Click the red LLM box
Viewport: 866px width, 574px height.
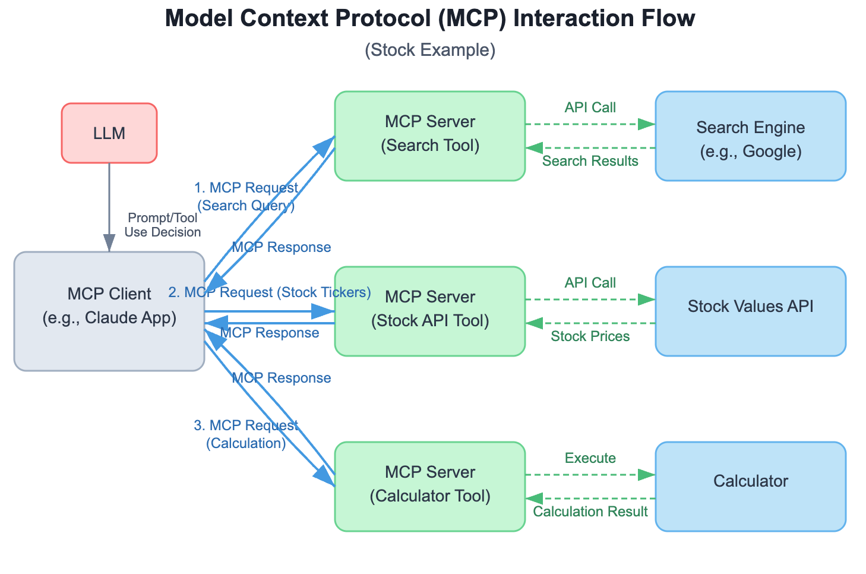(x=109, y=133)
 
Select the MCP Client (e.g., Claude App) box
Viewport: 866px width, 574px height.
(x=109, y=311)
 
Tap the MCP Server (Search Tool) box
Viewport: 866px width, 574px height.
(x=430, y=135)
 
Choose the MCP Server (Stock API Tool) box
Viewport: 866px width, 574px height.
(x=430, y=311)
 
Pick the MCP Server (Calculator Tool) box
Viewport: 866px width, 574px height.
(x=430, y=486)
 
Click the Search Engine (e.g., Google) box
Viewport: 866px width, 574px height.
(x=750, y=138)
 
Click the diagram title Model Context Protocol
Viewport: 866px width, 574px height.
(x=429, y=18)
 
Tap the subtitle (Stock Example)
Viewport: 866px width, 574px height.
(x=429, y=50)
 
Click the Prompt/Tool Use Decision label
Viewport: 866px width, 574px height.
(x=162, y=225)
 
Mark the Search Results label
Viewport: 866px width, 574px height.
(x=590, y=161)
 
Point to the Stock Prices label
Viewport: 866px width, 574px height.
(x=590, y=336)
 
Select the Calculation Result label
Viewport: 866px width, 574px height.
(x=590, y=512)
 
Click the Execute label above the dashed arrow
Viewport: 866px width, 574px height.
(x=590, y=458)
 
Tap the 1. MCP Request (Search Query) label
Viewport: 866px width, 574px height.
(x=246, y=197)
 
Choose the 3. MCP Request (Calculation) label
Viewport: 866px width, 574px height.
(x=246, y=434)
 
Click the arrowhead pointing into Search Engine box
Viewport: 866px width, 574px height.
(x=646, y=124)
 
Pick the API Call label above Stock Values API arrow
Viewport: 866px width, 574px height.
(x=590, y=283)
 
